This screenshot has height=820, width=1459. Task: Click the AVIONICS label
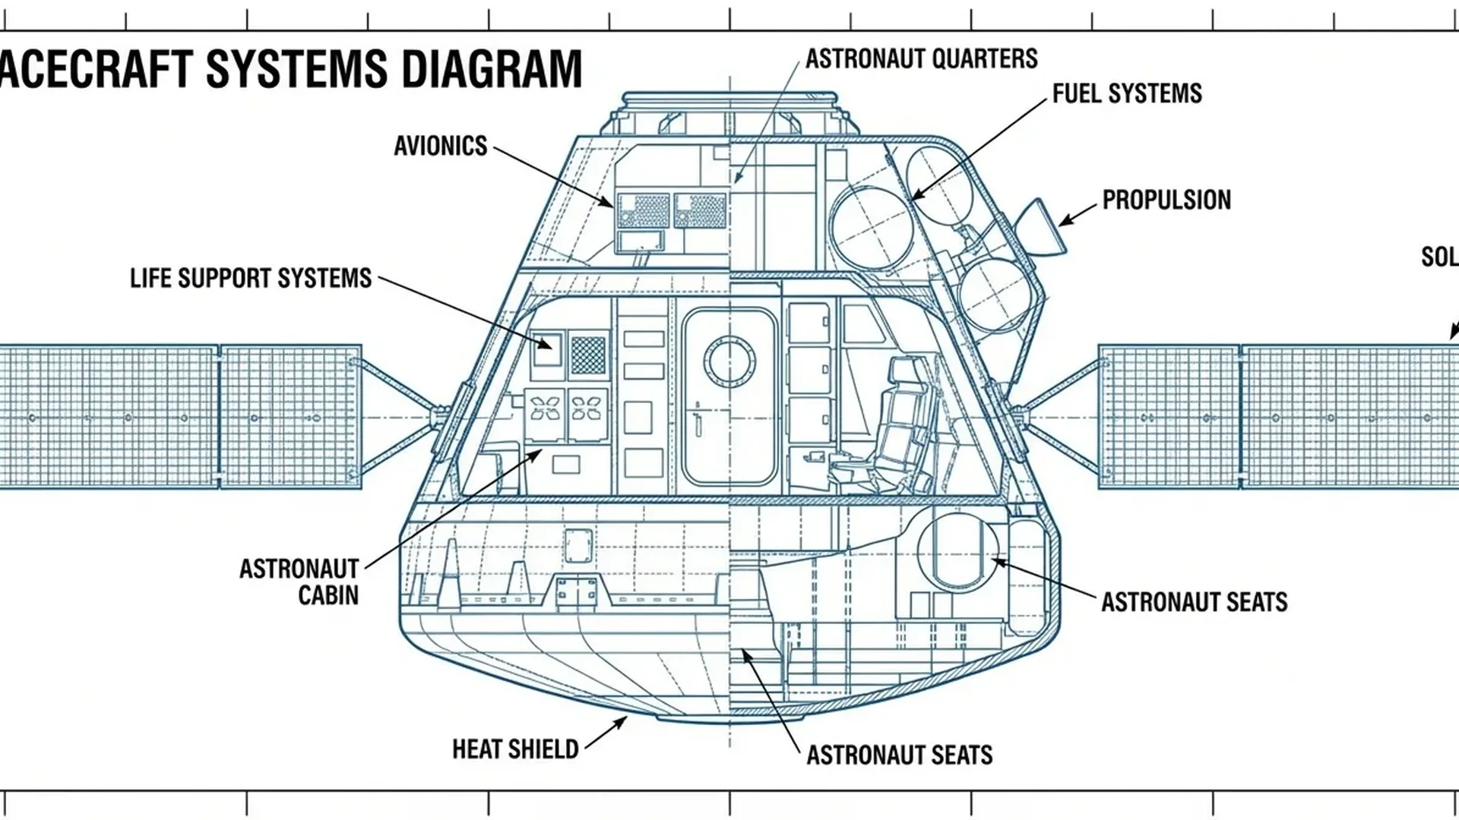pyautogui.click(x=440, y=146)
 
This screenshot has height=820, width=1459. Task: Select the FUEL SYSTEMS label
pyautogui.click(x=1126, y=93)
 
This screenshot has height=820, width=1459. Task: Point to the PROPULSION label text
pyautogui.click(x=1166, y=200)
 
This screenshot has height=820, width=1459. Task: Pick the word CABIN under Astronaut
pyautogui.click(x=328, y=595)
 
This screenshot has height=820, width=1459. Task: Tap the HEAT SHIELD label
pyautogui.click(x=515, y=749)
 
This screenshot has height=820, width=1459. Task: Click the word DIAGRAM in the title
pyautogui.click(x=491, y=69)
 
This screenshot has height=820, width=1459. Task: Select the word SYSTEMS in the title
pyautogui.click(x=296, y=69)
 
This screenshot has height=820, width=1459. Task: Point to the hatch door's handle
pyautogui.click(x=697, y=418)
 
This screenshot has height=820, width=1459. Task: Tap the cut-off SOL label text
pyautogui.click(x=1439, y=257)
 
